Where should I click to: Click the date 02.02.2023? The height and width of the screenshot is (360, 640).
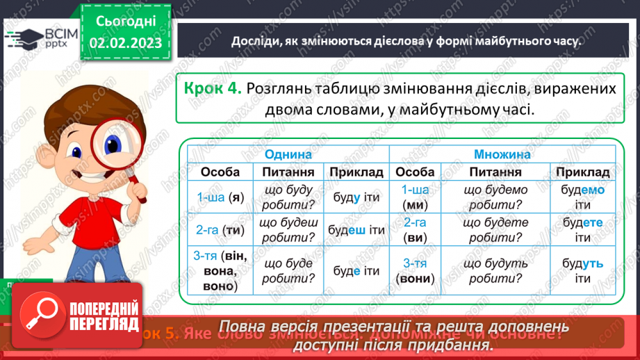click(x=126, y=43)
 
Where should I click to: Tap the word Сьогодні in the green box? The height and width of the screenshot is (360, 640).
click(x=126, y=21)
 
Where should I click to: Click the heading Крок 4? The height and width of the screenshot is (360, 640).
click(x=213, y=89)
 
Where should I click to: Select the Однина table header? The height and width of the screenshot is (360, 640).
click(x=288, y=154)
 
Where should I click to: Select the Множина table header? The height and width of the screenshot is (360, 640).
click(x=502, y=154)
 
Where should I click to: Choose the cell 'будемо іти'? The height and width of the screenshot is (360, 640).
click(x=582, y=197)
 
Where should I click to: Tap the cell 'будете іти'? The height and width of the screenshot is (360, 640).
click(x=582, y=230)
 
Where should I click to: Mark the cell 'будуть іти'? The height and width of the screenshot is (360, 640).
click(x=582, y=270)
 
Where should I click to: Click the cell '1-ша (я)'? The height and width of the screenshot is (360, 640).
click(x=220, y=197)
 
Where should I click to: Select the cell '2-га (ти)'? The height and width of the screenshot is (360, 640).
click(x=220, y=230)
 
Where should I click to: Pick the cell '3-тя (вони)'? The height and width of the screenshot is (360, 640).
click(x=414, y=270)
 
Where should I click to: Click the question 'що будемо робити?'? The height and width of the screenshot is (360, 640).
click(x=495, y=197)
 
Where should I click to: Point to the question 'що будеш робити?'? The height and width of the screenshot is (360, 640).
click(x=288, y=230)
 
